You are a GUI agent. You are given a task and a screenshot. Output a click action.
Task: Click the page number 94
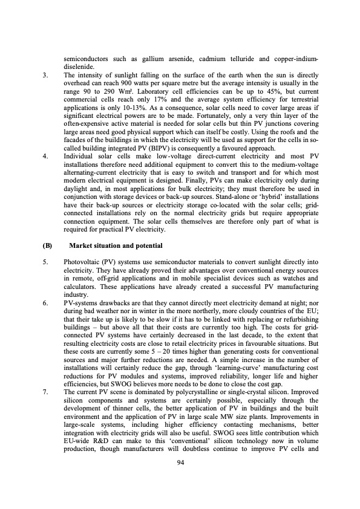click(x=180, y=479)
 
